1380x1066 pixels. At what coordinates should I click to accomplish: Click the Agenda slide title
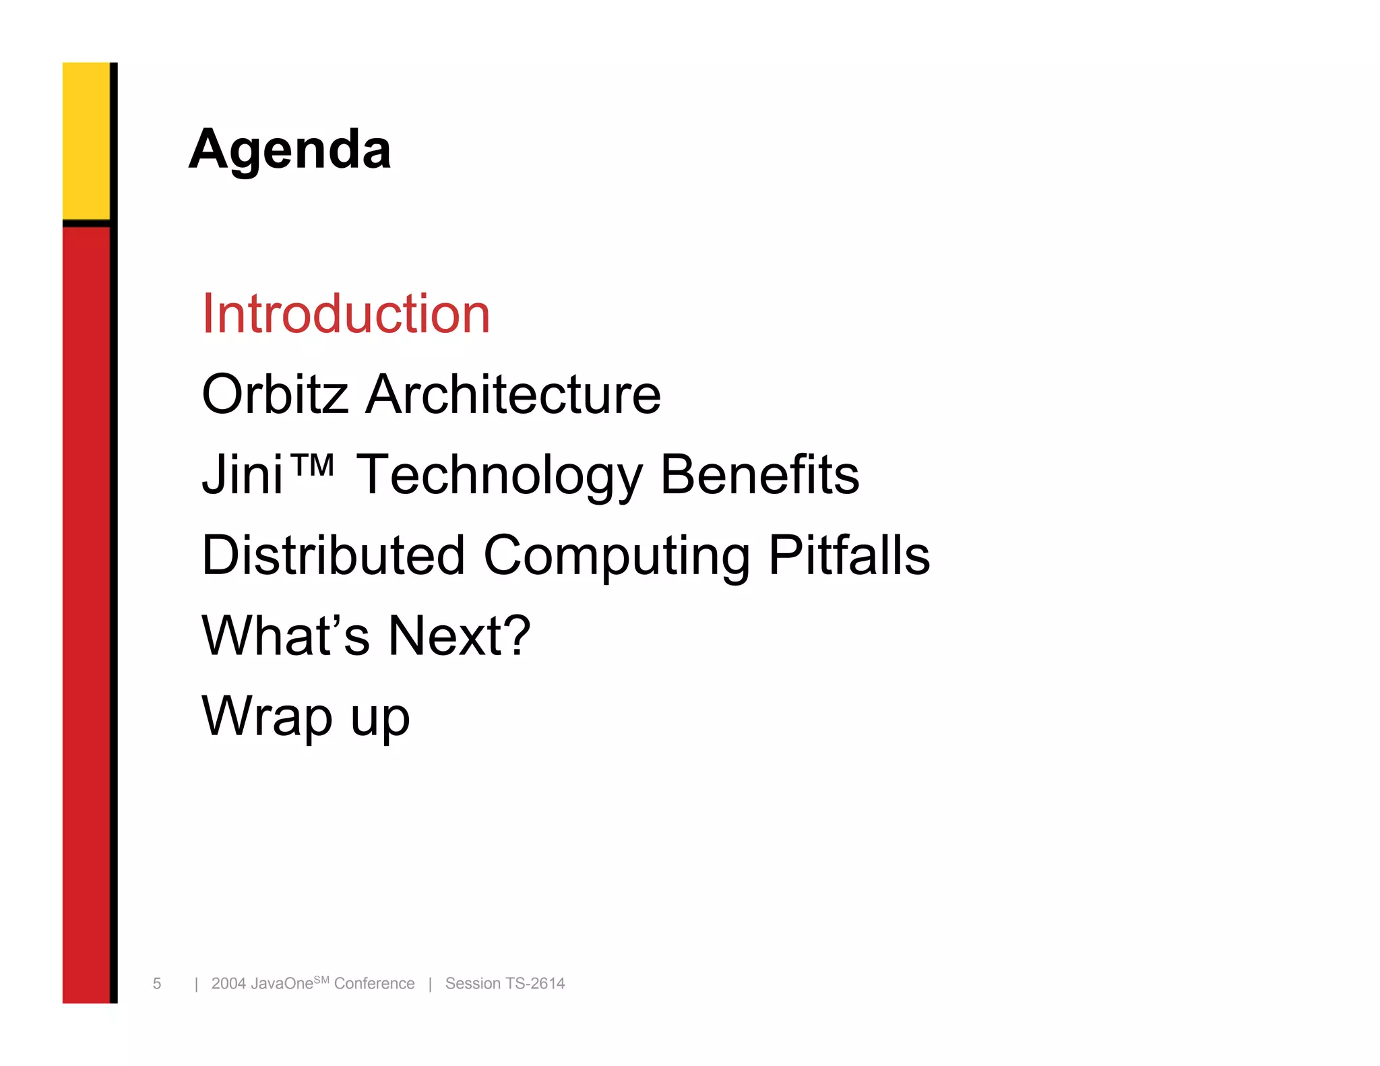click(x=290, y=150)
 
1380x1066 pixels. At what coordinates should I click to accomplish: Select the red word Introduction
click(x=346, y=314)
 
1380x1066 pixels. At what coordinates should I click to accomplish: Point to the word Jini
click(x=243, y=474)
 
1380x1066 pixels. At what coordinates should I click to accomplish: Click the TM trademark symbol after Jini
click(x=312, y=464)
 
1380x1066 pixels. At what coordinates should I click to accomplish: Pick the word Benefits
click(x=759, y=474)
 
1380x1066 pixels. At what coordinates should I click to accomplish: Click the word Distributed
click(x=334, y=555)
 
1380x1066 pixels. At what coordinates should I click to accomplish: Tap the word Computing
click(x=616, y=557)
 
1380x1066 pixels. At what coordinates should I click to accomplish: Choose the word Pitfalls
click(x=849, y=555)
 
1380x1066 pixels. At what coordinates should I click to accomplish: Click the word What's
click(x=286, y=635)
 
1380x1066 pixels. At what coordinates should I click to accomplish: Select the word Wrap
click(x=267, y=717)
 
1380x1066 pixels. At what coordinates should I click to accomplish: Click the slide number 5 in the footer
click(x=157, y=984)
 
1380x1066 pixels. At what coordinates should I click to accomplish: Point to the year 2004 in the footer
click(x=228, y=984)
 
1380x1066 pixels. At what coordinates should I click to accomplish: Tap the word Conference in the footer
click(x=374, y=984)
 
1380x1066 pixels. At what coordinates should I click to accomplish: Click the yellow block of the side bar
click(x=86, y=140)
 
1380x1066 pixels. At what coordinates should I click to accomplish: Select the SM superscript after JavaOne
click(x=321, y=980)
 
